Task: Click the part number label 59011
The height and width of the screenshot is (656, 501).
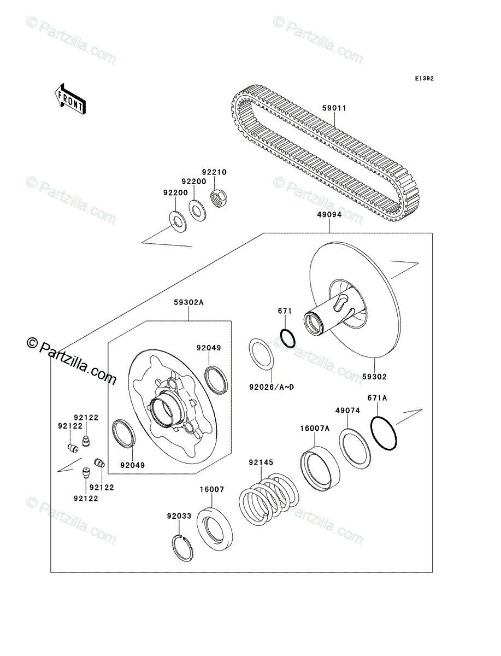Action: coord(333,108)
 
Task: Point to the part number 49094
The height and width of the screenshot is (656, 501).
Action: coord(329,215)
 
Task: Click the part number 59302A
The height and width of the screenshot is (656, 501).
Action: coord(188,302)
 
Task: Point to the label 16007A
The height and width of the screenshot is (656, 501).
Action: coord(314,429)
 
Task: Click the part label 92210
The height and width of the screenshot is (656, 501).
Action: coord(215,172)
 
